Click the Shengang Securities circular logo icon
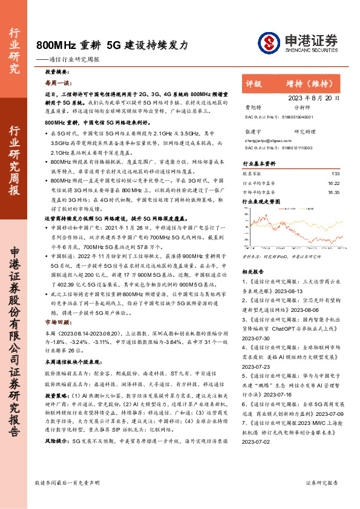click(x=270, y=42)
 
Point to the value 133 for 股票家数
click(x=335, y=173)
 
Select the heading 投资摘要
click(x=59, y=71)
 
